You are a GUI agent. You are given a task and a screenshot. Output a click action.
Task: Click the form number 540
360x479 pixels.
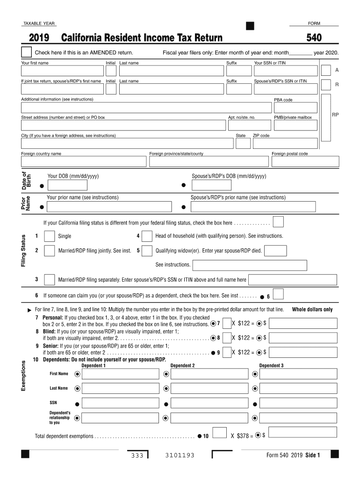pyautogui.click(x=314, y=38)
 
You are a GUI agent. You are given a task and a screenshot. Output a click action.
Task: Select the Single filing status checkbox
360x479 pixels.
pyautogui.click(x=49, y=236)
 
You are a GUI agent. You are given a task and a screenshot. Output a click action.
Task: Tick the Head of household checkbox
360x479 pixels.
pyautogui.click(x=147, y=236)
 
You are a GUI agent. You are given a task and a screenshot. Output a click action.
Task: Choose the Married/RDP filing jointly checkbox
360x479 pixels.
pyautogui.click(x=49, y=251)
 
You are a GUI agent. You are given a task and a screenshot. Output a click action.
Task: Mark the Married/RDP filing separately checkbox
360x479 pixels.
pyautogui.click(x=49, y=280)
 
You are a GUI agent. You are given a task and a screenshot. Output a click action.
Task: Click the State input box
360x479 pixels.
pyautogui.click(x=243, y=143)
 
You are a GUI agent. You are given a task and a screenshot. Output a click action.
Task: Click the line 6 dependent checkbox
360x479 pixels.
pyautogui.click(x=278, y=294)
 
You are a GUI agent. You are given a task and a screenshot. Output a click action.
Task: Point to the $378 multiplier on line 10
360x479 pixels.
pyautogui.click(x=241, y=436)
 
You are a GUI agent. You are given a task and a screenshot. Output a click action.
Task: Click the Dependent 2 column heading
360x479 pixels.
pyautogui.click(x=183, y=365)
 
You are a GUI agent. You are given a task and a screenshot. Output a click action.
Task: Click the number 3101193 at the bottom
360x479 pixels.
pyautogui.click(x=180, y=456)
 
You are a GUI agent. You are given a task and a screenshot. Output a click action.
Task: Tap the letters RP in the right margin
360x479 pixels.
pyautogui.click(x=335, y=114)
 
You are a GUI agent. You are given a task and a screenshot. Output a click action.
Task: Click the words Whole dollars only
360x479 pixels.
pyautogui.click(x=312, y=310)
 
